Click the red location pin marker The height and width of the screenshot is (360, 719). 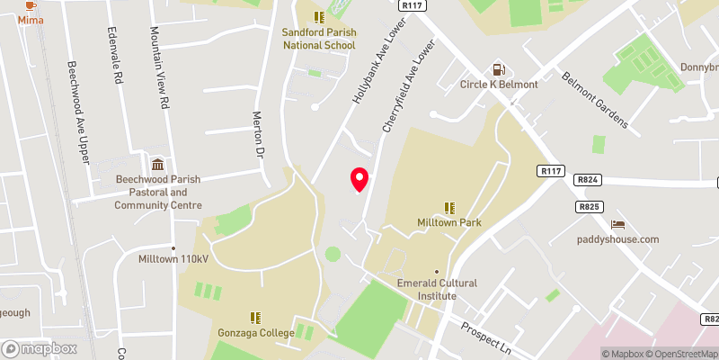point(359,179)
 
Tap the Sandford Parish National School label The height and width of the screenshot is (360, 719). point(319,38)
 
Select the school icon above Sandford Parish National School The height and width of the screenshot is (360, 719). point(319,16)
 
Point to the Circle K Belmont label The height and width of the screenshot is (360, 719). point(499,85)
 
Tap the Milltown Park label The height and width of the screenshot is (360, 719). point(449,222)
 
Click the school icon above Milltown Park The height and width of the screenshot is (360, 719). point(449,207)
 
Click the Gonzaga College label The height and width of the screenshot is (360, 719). point(257,334)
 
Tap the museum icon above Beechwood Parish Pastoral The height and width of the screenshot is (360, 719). point(158,164)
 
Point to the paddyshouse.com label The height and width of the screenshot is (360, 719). point(617,239)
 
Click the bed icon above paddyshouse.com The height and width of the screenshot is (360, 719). point(617,224)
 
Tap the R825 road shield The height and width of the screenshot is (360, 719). point(590,207)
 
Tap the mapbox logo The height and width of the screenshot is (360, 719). point(40,348)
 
